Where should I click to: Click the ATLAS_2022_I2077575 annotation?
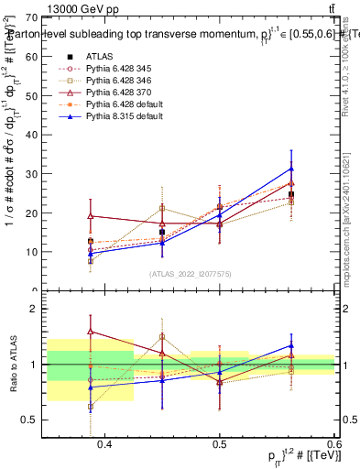pos(191,274)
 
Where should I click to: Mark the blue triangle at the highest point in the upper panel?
pos(291,169)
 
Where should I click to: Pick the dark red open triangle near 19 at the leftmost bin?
pos(90,216)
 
